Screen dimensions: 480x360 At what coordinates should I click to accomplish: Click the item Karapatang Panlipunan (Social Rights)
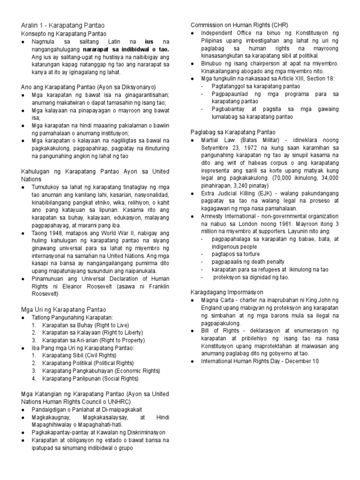click(90, 378)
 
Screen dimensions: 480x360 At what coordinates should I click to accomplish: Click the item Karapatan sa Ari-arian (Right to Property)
click(92, 340)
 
